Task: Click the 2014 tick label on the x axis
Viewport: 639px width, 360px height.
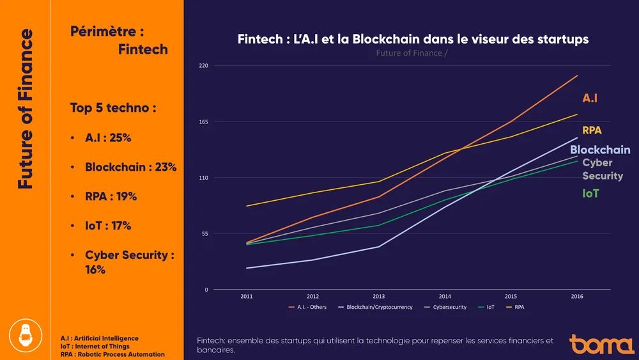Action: (445, 296)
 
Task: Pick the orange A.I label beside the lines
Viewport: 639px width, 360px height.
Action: (590, 98)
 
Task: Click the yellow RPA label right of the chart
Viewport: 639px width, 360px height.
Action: (592, 130)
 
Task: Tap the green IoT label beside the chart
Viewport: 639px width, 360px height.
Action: (590, 193)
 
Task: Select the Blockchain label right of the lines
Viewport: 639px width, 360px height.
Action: (600, 150)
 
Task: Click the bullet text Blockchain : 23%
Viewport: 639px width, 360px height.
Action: (130, 168)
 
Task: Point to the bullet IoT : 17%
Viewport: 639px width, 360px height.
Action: (108, 226)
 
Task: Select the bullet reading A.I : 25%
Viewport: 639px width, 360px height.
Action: (108, 137)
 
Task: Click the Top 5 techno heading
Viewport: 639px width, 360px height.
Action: (113, 108)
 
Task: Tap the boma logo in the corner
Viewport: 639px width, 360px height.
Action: (601, 344)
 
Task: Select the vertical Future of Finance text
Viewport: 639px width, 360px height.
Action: (26, 109)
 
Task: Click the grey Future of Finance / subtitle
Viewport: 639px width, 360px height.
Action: (412, 53)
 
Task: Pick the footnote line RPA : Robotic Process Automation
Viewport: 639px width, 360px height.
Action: (112, 354)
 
